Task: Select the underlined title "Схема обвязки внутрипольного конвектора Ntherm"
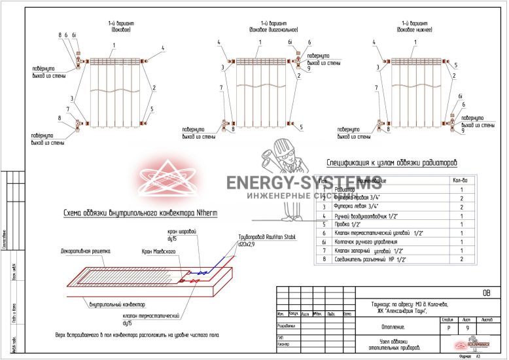(x=140, y=213)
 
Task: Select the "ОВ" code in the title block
(x=485, y=293)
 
